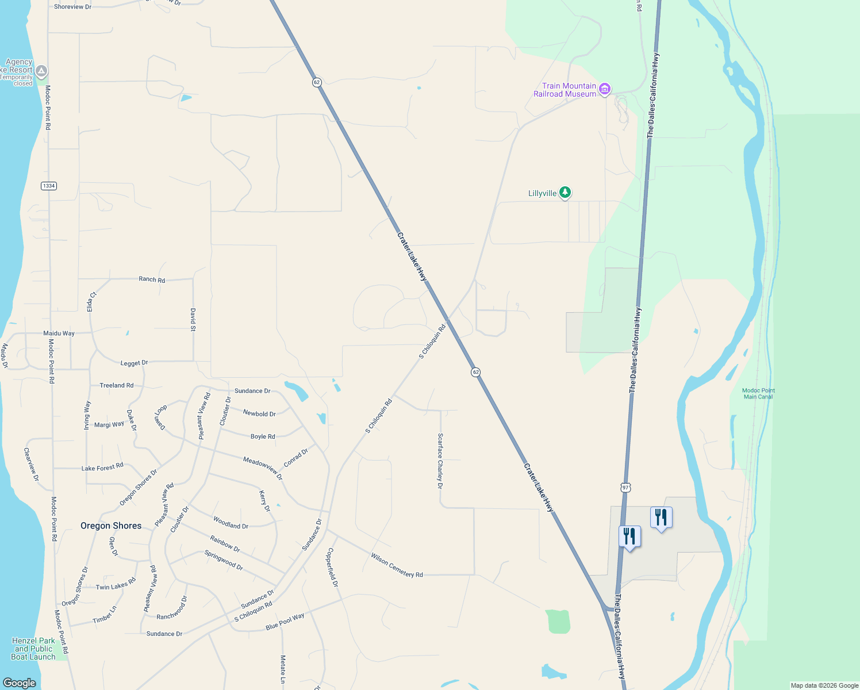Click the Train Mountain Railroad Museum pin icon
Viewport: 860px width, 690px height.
604,89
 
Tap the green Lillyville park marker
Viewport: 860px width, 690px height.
565,193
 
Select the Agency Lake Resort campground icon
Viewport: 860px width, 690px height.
41,71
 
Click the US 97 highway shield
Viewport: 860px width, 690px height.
626,487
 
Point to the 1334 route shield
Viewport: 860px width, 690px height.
49,186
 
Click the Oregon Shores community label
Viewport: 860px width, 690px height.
111,526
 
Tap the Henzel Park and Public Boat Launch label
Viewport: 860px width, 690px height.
33,649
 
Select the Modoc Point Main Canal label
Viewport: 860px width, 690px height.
758,393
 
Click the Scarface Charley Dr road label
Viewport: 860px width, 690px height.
440,461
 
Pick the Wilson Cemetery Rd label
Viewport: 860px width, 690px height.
397,565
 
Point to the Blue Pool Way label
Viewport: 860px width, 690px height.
285,622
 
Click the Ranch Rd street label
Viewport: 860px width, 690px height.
152,279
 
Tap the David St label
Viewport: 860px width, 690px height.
193,320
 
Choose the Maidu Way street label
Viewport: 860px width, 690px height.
59,333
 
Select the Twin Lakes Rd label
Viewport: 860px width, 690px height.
116,584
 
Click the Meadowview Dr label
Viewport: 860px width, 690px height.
263,468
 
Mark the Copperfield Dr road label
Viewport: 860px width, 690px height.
333,567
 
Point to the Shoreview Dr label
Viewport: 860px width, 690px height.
72,7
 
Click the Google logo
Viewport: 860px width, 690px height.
20,683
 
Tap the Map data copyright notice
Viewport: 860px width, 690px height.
824,685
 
